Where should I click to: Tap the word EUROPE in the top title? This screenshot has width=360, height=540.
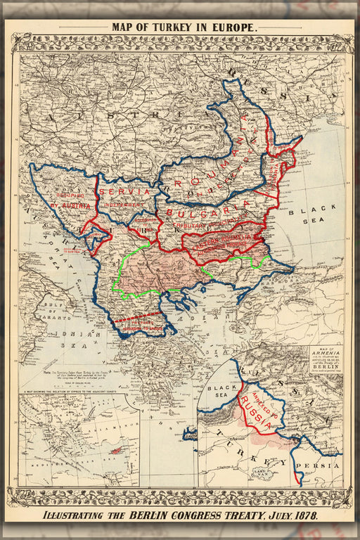(x=232, y=27)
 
